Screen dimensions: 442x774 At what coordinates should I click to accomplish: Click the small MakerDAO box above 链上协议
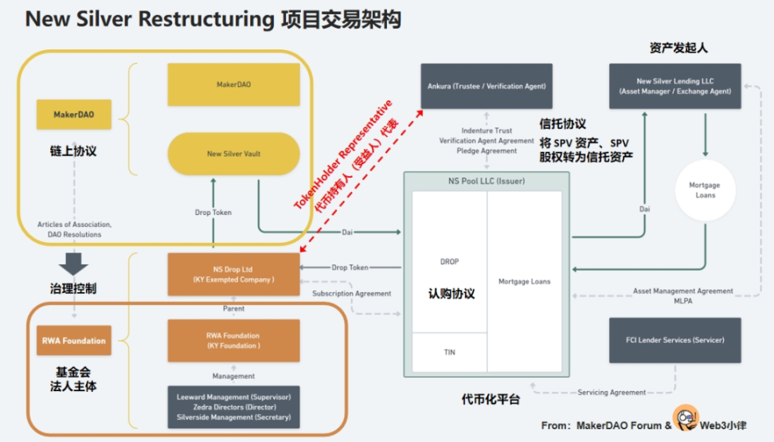[x=74, y=115]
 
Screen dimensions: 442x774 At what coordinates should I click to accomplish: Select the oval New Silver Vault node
[x=233, y=153]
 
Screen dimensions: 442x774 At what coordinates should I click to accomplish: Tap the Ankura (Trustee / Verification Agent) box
[x=487, y=86]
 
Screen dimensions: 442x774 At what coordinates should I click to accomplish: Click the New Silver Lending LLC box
[x=674, y=86]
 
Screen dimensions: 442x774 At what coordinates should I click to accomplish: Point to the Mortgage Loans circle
[x=704, y=190]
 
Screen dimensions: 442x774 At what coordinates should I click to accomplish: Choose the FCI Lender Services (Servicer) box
[x=674, y=340]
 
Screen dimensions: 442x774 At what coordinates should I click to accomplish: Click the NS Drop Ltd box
[x=233, y=274]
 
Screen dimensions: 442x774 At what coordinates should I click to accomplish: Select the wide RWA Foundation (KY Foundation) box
[x=233, y=341]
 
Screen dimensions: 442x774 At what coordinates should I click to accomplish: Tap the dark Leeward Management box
[x=233, y=406]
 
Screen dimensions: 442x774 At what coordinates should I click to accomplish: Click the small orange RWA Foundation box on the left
[x=74, y=341]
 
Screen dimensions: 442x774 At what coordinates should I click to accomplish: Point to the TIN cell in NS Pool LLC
[x=449, y=352]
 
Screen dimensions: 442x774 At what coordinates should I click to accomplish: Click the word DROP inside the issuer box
[x=449, y=261]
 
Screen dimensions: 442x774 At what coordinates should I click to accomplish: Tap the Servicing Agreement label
[x=612, y=393]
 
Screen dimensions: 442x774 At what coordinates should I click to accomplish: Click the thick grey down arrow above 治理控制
[x=74, y=264]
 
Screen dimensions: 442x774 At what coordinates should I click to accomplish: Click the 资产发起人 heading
[x=678, y=48]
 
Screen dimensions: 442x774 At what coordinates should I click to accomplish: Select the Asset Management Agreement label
[x=682, y=291]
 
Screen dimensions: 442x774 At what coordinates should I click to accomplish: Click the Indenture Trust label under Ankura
[x=487, y=131]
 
